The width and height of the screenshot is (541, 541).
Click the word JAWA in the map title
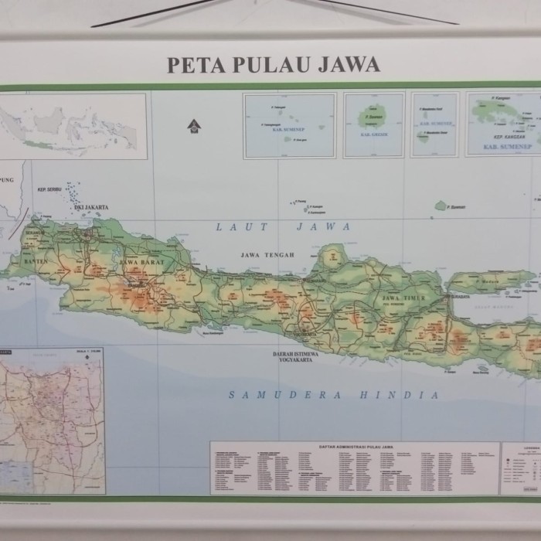348,65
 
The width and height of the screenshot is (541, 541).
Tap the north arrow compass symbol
192,124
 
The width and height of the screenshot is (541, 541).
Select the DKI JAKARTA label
91,207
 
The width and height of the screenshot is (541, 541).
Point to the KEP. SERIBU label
49,189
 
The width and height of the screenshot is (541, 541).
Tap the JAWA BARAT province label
138,263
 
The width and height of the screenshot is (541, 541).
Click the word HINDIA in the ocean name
400,395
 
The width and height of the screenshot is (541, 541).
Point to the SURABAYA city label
461,295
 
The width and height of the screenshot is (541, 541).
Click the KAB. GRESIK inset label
374,134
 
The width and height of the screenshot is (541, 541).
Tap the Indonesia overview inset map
73,126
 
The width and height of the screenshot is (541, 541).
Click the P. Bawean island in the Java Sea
441,206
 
